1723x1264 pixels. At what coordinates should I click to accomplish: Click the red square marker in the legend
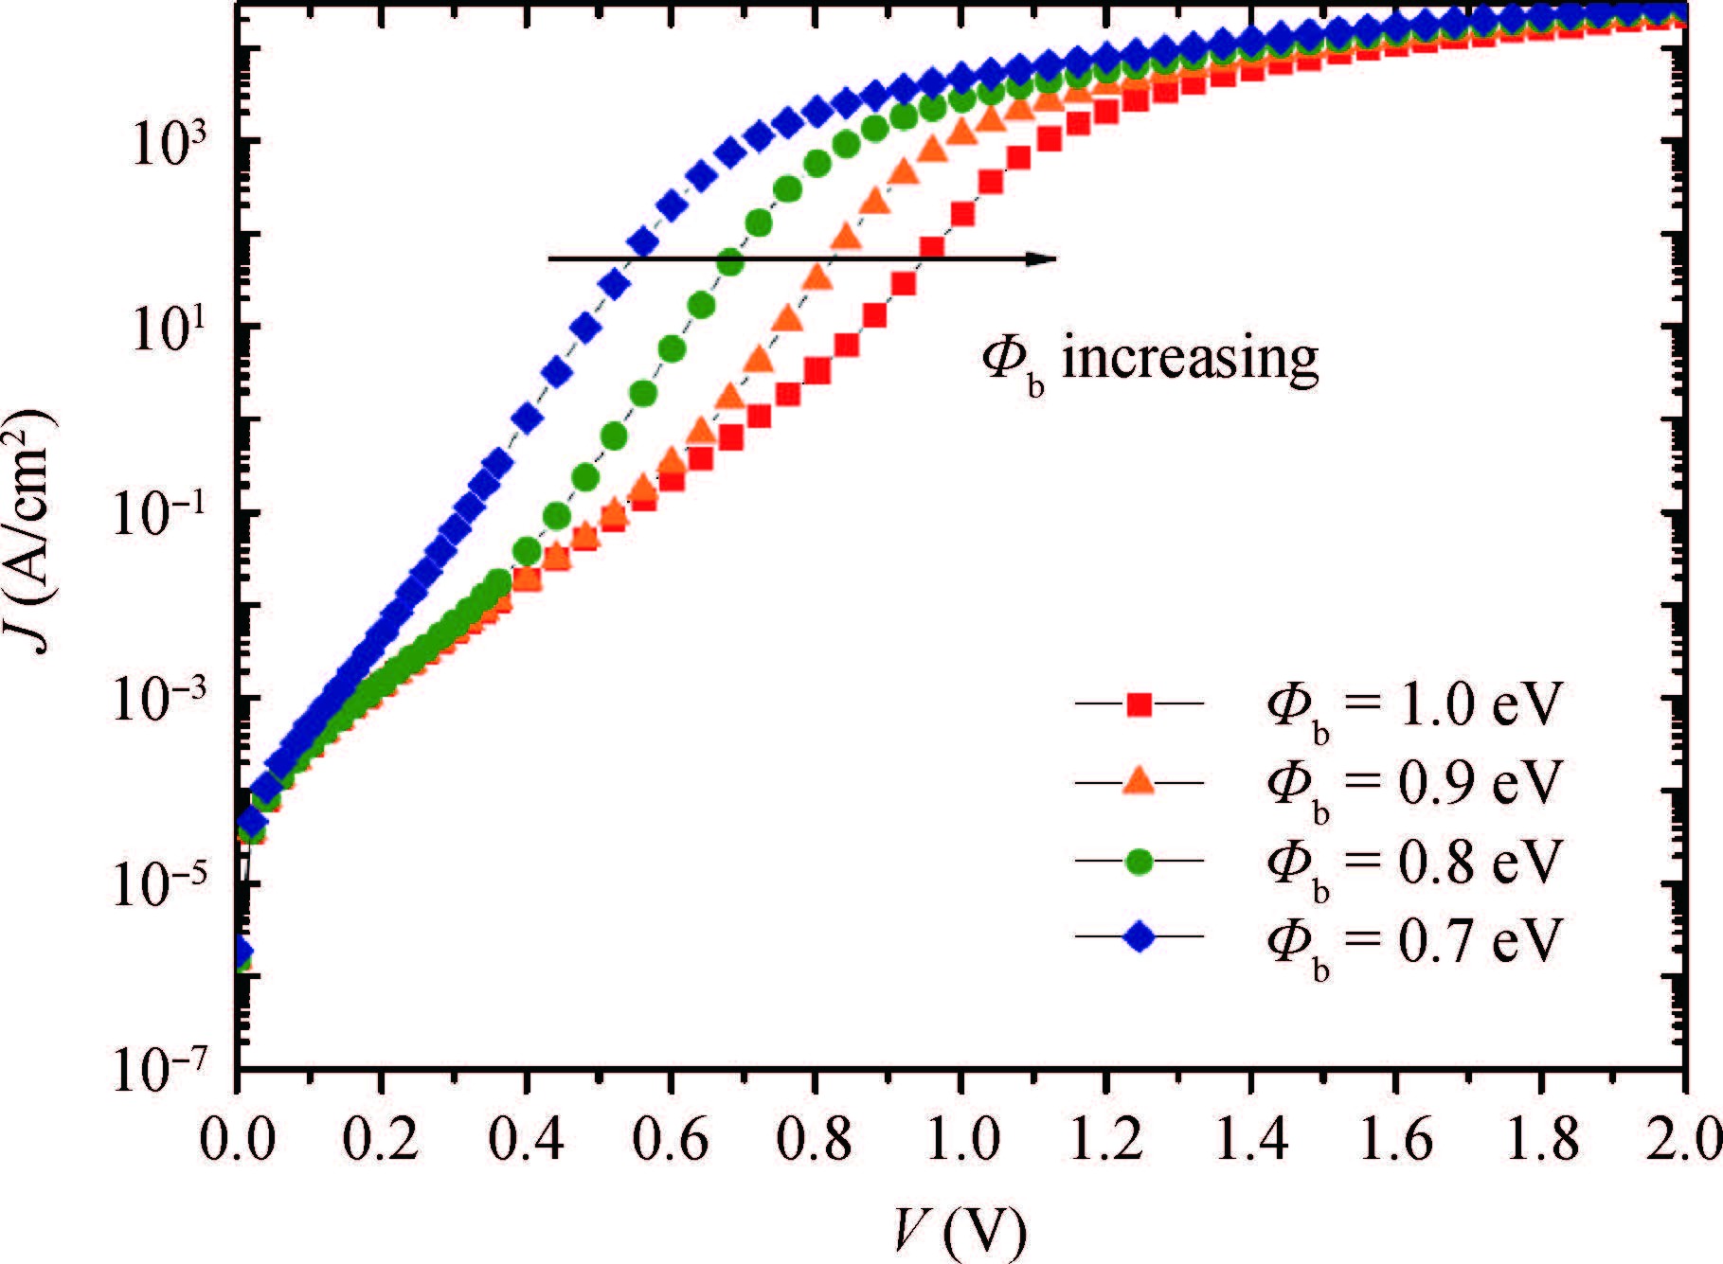(1140, 704)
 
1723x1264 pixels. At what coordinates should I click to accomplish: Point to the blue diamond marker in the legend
(1140, 938)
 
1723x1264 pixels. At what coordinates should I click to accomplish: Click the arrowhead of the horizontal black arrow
(1042, 258)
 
